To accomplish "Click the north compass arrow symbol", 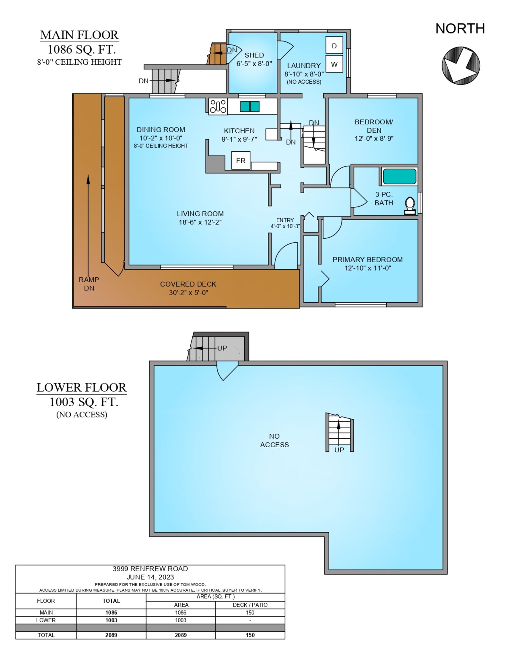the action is pos(461,66).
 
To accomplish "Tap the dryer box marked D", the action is pos(334,45).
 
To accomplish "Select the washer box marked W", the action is pos(334,64).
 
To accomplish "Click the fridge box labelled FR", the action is pos(241,160).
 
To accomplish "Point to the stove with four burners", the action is pos(218,106).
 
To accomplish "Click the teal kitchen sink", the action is pos(250,106).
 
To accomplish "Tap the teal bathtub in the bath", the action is pos(399,176).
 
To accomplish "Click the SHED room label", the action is pos(254,55).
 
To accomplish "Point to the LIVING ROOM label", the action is pos(200,214).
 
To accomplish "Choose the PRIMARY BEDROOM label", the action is pos(368,259).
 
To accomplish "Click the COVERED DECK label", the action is pos(188,284).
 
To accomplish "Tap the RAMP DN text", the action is pos(89,284).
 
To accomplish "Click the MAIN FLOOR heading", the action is pos(80,35).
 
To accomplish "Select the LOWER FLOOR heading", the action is pos(82,387).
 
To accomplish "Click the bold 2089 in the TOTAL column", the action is pos(111,635).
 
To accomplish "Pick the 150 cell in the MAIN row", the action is pos(250,612).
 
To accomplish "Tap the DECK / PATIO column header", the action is pos(250,605).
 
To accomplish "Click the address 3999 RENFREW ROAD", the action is pos(150,568).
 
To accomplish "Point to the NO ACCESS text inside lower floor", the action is pos(274,440).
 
